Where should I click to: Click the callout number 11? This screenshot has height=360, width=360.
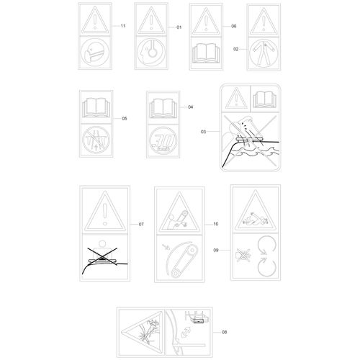(x=123, y=26)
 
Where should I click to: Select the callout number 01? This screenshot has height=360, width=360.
(x=179, y=27)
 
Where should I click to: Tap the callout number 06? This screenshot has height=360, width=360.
(x=234, y=26)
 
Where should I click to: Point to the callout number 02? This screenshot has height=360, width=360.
(x=236, y=49)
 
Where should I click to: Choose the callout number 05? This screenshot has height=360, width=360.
(x=125, y=119)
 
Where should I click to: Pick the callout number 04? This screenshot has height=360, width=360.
(x=191, y=107)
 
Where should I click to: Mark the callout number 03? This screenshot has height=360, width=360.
(x=203, y=132)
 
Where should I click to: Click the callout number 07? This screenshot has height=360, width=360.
(x=141, y=224)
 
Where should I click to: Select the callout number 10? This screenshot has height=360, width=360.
(x=216, y=224)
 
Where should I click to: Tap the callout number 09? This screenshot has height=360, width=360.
(x=216, y=251)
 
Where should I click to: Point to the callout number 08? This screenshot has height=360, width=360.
(x=224, y=332)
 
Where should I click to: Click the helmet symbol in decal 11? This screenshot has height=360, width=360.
(x=95, y=53)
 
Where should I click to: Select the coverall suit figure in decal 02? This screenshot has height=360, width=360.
(x=264, y=53)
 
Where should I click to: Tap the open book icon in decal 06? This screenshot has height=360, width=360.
(x=206, y=53)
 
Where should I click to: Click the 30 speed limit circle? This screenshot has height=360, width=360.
(x=163, y=140)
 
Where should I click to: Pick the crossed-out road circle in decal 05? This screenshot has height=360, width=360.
(x=96, y=140)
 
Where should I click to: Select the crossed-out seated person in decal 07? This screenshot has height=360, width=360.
(x=102, y=253)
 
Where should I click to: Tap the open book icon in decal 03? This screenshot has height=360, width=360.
(x=265, y=99)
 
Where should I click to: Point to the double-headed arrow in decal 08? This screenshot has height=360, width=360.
(x=186, y=332)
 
